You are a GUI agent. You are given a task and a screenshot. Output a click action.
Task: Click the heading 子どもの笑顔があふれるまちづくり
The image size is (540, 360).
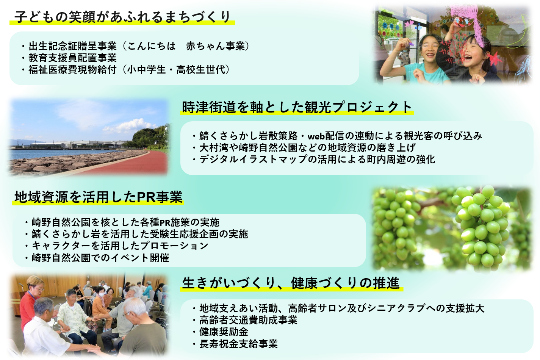122,17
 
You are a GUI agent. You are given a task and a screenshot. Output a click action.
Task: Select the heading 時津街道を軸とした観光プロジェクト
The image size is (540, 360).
297,107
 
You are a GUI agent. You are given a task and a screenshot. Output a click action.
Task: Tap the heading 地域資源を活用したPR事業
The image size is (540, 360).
99,197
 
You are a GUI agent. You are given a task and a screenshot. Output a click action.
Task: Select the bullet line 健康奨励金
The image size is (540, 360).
220,332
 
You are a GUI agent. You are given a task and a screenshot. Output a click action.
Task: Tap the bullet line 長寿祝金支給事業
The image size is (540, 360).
235,344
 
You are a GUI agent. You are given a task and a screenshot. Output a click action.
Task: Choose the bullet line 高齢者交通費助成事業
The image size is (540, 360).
245,320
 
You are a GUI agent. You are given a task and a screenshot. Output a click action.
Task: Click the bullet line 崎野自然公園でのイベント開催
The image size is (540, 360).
97,258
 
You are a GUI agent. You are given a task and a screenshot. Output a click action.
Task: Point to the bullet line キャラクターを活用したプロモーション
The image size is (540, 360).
117,246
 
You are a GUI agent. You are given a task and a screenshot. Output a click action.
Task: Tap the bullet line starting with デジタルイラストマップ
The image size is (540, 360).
314,160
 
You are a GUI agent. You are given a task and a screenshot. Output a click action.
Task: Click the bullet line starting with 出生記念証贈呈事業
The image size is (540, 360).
136,46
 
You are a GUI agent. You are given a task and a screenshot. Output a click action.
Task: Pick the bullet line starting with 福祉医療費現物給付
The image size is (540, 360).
126,70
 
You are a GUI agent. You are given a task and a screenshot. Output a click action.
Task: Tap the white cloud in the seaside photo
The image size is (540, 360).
130,127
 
